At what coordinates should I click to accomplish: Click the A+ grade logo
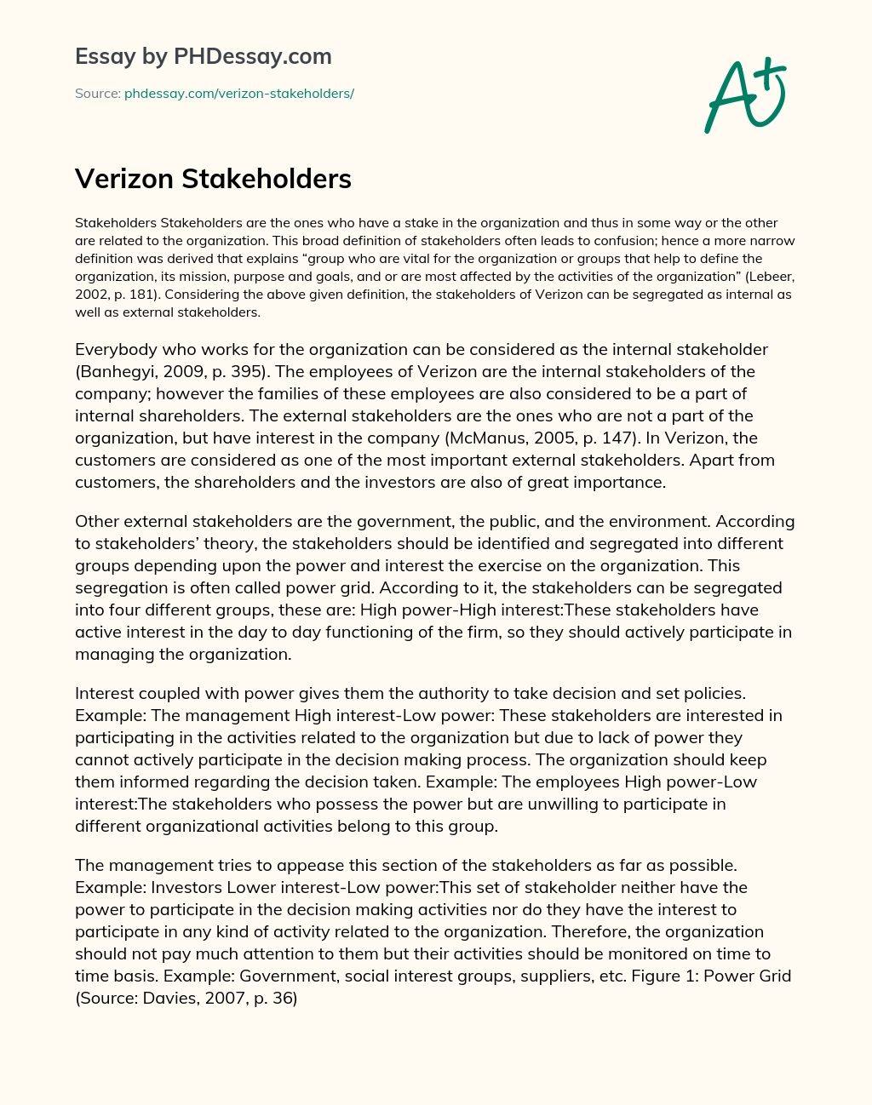point(743,94)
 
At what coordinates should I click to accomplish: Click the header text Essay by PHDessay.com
point(204,56)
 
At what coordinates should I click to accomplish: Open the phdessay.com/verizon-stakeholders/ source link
point(239,94)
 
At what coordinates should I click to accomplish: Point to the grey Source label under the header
point(97,94)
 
